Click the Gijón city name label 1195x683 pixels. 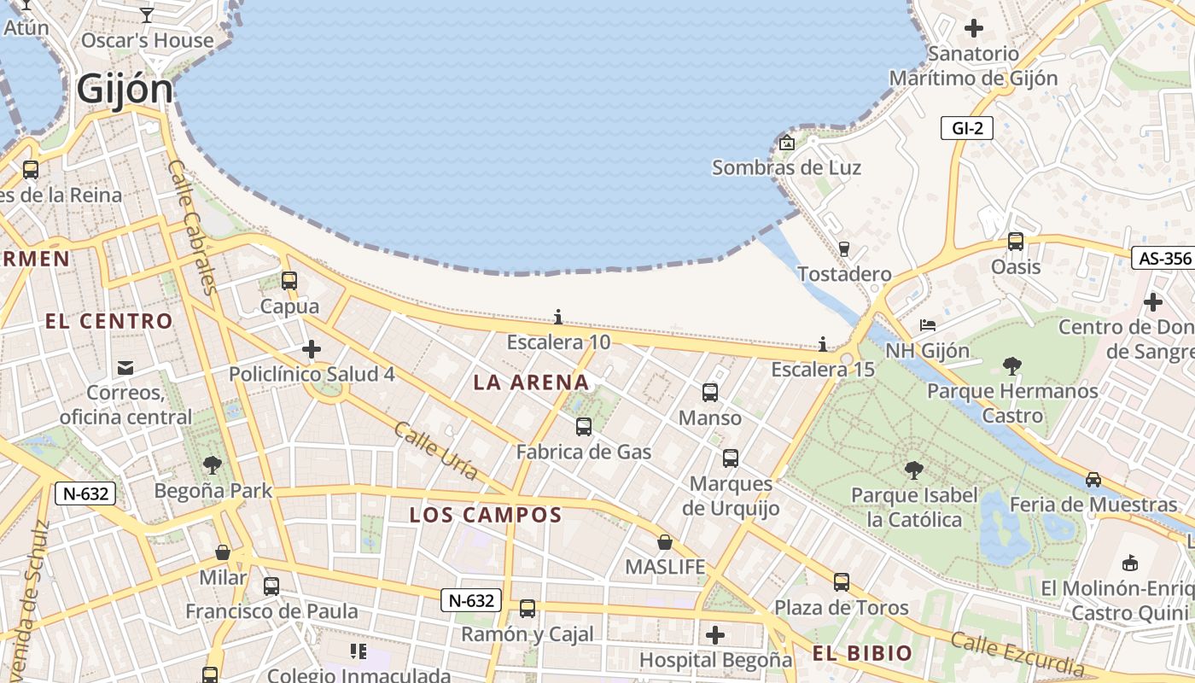(125, 89)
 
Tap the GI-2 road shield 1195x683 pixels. (967, 129)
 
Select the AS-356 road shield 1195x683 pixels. (1162, 259)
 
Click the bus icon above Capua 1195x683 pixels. (289, 280)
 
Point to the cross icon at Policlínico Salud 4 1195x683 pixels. (312, 349)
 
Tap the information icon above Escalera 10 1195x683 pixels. (558, 318)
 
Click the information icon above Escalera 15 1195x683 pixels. (823, 344)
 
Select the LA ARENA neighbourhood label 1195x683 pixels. (532, 382)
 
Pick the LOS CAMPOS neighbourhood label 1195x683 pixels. (486, 515)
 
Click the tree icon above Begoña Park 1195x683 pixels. (213, 465)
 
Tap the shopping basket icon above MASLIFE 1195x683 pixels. (665, 542)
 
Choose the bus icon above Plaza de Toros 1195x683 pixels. (842, 582)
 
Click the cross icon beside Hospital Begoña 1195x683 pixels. (715, 635)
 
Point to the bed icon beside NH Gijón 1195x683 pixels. (928, 325)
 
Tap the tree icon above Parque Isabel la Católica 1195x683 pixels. (913, 470)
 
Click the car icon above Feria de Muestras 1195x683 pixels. (1093, 479)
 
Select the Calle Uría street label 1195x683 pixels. (435, 451)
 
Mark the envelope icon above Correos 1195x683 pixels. (125, 368)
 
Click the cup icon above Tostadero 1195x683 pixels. (844, 248)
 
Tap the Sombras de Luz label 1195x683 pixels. (786, 167)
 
